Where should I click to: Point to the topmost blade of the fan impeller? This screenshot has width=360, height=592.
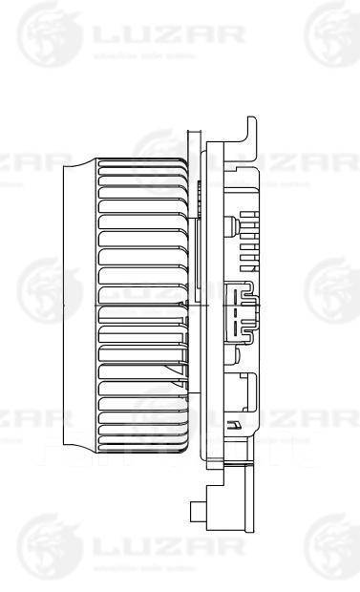click(x=143, y=164)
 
